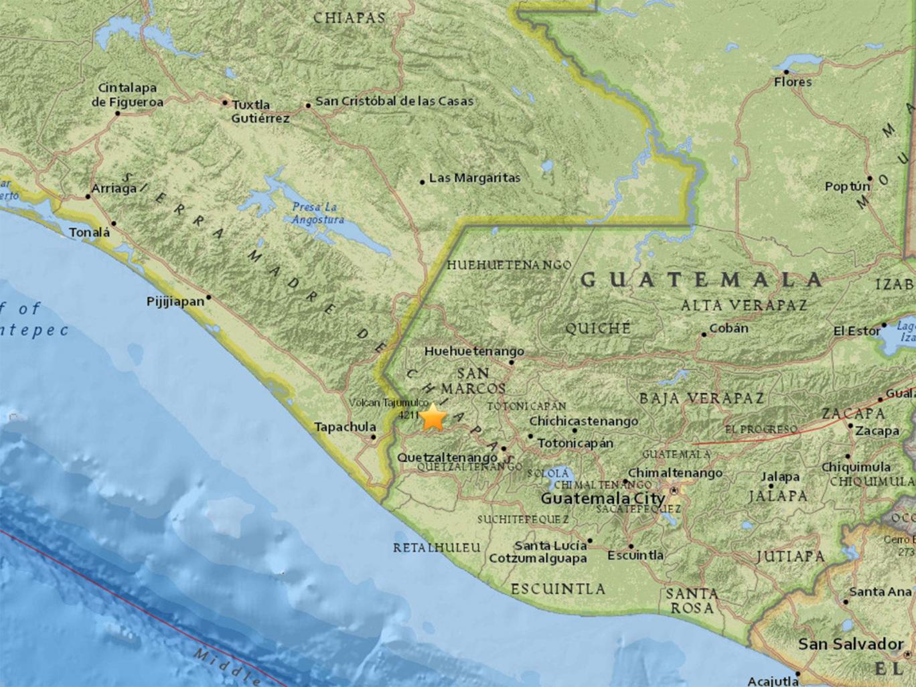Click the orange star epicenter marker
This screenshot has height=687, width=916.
pyautogui.click(x=434, y=417)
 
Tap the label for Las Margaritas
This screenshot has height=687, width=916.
pyautogui.click(x=475, y=178)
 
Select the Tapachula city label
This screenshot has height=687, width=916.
pyautogui.click(x=345, y=427)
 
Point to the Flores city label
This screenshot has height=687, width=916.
pyautogui.click(x=793, y=82)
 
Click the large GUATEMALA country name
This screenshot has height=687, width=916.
pyautogui.click(x=701, y=280)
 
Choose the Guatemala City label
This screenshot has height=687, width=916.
pyautogui.click(x=603, y=499)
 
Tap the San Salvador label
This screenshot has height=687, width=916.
pyautogui.click(x=850, y=644)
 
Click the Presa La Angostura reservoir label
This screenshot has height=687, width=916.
pyautogui.click(x=317, y=213)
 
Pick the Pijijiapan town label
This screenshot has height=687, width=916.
pyautogui.click(x=175, y=302)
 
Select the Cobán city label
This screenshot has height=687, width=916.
pyautogui.click(x=729, y=329)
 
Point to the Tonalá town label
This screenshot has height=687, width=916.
pyautogui.click(x=89, y=233)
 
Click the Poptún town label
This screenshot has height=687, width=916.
pyautogui.click(x=847, y=187)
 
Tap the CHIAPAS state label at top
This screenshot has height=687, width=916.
pyautogui.click(x=350, y=18)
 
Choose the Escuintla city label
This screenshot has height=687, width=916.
pyautogui.click(x=635, y=556)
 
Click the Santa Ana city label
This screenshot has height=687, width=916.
pyautogui.click(x=880, y=592)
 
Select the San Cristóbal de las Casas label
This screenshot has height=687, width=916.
pyautogui.click(x=394, y=101)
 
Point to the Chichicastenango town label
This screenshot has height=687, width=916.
pyautogui.click(x=583, y=421)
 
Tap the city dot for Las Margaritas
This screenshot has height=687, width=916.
pyautogui.click(x=423, y=181)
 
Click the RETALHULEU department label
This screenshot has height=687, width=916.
pyautogui.click(x=437, y=548)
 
